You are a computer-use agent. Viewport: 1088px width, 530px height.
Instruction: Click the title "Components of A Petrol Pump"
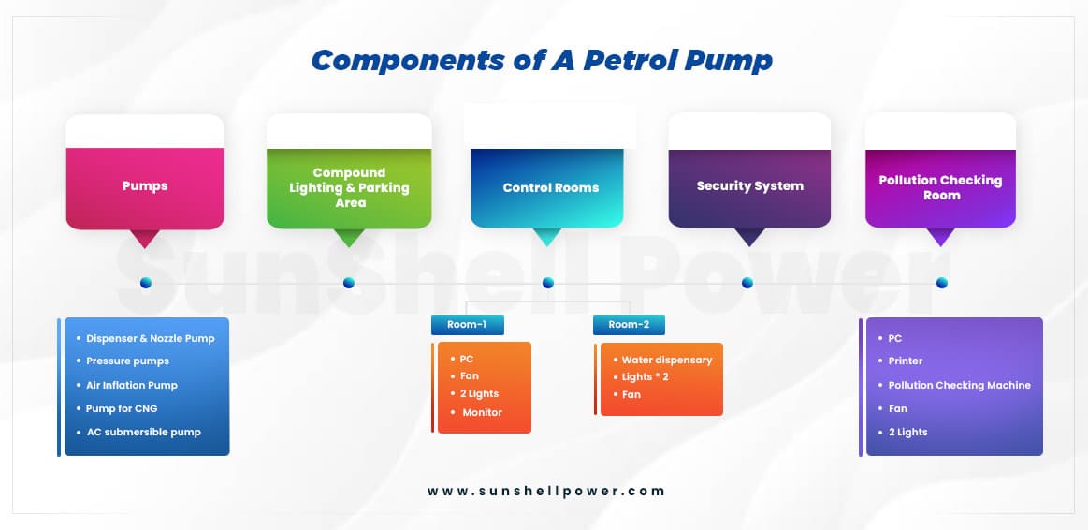(542, 61)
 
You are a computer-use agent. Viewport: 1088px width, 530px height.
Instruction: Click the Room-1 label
(468, 324)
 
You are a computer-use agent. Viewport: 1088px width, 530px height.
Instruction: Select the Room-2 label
(629, 324)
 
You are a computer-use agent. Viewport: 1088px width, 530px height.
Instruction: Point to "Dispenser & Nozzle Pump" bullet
(150, 339)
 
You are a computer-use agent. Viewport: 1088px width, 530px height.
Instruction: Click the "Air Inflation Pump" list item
(132, 386)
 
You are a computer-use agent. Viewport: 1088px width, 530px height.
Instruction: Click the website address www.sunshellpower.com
(546, 491)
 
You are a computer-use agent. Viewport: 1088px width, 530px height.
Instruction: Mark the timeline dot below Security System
(747, 283)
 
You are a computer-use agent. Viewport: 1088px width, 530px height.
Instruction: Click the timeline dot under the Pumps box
(146, 283)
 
